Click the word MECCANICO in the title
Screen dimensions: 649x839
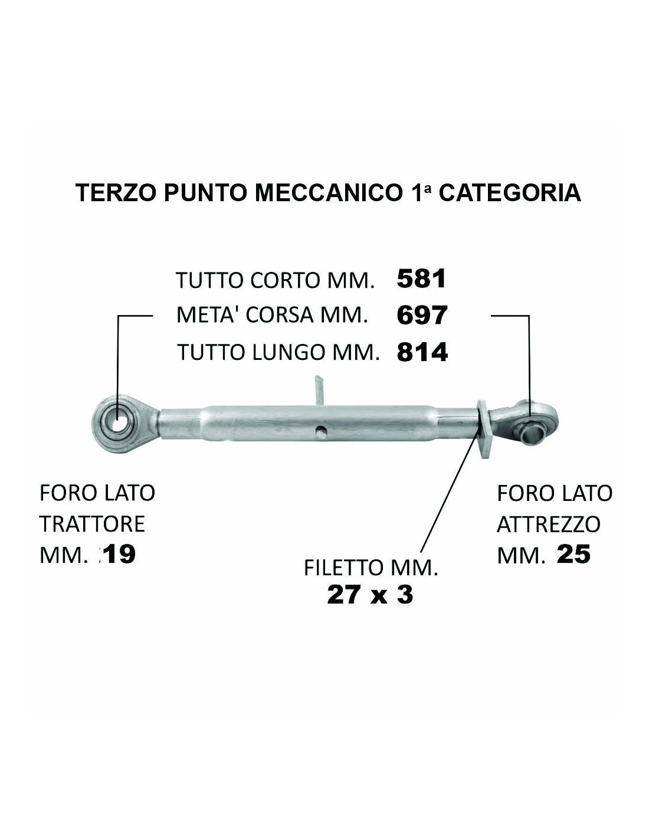327,193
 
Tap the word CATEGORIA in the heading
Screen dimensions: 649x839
510,193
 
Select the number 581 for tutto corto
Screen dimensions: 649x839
421,278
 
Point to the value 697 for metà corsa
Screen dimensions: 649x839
422,315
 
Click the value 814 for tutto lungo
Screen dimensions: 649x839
422,352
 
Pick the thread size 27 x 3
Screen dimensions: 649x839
369,595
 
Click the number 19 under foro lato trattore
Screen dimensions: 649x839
120,555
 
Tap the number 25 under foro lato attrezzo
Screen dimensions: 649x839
573,555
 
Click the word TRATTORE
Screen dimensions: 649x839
92,525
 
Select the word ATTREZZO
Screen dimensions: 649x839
548,525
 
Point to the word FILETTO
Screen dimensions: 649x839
342,568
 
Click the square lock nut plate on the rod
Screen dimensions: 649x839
484,430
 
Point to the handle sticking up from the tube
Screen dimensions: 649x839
319,391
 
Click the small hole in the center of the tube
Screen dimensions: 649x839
320,431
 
